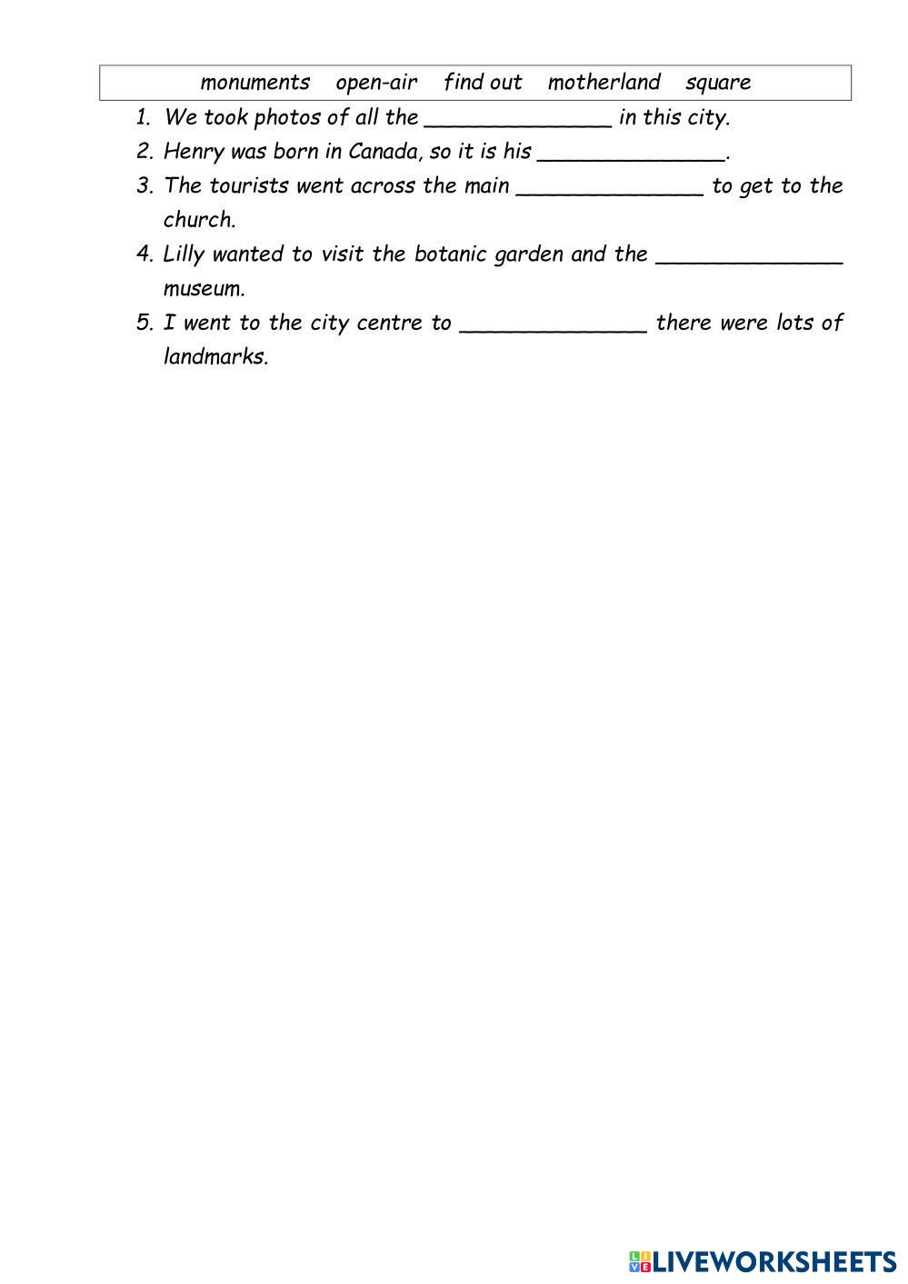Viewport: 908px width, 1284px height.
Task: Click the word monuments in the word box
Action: click(x=254, y=83)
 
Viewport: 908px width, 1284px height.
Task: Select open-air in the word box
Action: click(x=376, y=83)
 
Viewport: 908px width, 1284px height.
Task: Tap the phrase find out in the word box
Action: click(x=483, y=83)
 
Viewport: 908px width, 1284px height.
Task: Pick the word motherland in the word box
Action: click(x=604, y=83)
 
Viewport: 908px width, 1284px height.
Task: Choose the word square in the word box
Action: click(x=718, y=83)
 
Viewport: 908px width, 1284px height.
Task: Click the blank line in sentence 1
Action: click(x=518, y=120)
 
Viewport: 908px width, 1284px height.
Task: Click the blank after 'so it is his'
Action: click(x=632, y=154)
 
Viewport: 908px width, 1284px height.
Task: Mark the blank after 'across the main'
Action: click(x=610, y=189)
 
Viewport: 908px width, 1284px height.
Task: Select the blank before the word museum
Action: click(x=749, y=257)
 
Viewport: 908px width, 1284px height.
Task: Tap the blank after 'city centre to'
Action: click(x=554, y=326)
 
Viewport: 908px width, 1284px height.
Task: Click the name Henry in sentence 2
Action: click(x=194, y=152)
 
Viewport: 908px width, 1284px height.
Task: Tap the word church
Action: click(x=199, y=220)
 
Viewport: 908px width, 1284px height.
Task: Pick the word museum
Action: click(x=204, y=289)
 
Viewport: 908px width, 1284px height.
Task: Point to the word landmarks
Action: click(x=215, y=356)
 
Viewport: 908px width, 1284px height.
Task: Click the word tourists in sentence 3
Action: click(x=248, y=186)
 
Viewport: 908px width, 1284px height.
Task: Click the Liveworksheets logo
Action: click(x=762, y=1260)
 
